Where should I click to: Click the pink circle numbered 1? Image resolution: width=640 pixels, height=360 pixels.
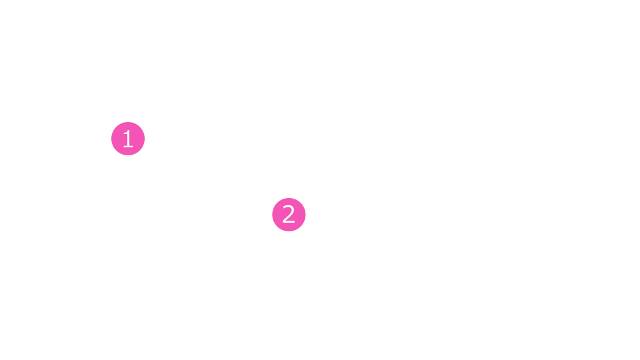128,139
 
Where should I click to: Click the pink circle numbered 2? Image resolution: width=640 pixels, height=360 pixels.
289,215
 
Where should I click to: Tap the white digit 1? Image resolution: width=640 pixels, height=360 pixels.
128,139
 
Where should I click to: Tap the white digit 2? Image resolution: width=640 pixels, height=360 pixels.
289,214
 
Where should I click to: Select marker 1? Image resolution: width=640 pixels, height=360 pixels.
128,139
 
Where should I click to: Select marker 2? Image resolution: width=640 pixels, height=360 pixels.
289,215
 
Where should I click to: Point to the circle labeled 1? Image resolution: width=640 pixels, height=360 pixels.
128,139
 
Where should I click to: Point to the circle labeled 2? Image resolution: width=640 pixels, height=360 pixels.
289,215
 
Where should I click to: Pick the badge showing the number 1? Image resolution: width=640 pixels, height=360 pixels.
128,139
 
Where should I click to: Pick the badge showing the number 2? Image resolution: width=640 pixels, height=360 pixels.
289,215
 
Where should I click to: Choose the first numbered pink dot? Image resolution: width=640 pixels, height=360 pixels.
128,139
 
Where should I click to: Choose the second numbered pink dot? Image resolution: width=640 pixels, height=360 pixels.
289,215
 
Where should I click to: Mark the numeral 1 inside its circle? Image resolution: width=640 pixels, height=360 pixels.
128,139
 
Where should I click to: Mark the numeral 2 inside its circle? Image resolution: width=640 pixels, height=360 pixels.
289,214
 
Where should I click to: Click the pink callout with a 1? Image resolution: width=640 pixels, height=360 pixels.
128,139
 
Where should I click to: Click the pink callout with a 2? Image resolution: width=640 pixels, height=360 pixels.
289,215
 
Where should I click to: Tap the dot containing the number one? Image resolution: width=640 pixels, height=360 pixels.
128,139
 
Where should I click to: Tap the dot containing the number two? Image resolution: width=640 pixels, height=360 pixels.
289,215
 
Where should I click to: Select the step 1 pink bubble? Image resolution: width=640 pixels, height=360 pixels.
128,139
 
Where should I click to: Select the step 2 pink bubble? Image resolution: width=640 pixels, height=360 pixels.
289,215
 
